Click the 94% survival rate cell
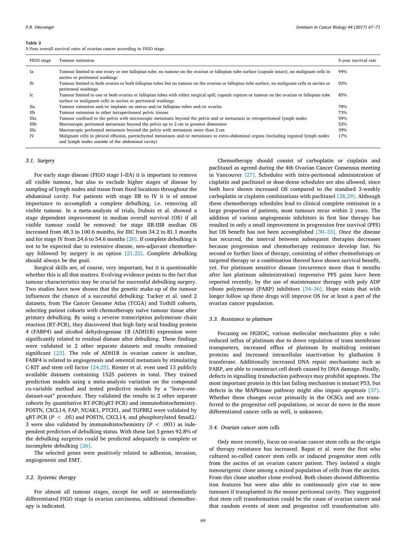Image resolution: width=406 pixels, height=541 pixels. click(x=342, y=72)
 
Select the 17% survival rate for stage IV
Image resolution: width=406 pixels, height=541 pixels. click(x=342, y=136)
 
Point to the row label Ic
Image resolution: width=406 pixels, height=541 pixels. click(x=32, y=95)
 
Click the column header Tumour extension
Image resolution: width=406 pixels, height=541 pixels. click(x=76, y=61)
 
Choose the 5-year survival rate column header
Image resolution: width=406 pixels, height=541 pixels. click(x=357, y=61)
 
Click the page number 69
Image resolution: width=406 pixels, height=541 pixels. click(x=203, y=521)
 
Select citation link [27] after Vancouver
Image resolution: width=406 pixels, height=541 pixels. click(x=250, y=175)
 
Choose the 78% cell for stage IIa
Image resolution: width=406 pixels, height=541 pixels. click(x=342, y=107)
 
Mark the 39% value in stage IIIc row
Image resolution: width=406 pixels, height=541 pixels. click(x=342, y=130)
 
